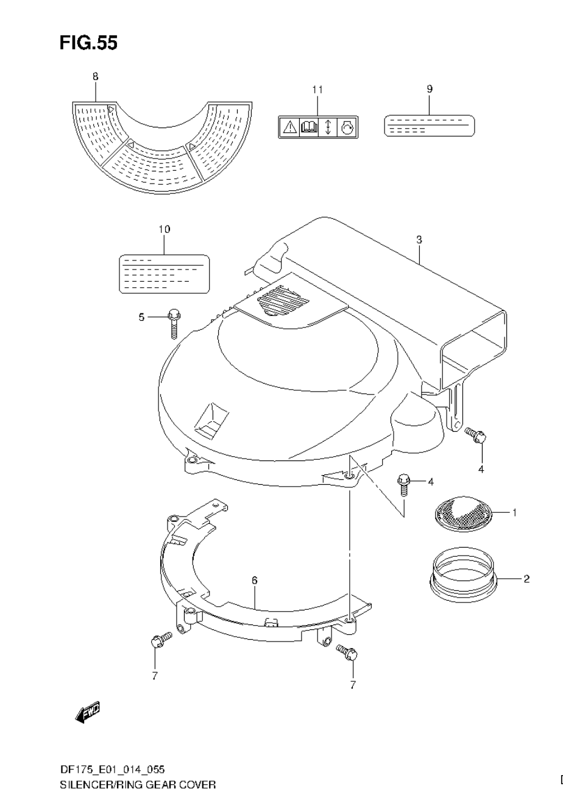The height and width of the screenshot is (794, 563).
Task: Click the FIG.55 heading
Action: [x=88, y=43]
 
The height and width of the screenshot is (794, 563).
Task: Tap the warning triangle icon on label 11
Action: [x=290, y=127]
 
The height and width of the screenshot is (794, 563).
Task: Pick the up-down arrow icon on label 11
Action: [x=328, y=127]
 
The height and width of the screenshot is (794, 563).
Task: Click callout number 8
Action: [x=95, y=77]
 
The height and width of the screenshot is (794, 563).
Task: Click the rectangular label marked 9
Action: [x=429, y=126]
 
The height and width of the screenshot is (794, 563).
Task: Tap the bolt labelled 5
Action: [x=173, y=321]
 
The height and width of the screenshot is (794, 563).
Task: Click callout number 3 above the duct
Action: [x=419, y=240]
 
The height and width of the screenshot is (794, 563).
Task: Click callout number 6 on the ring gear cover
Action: [x=254, y=581]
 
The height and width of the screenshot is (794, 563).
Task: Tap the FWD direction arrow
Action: [x=87, y=713]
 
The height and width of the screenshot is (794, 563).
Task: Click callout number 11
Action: [x=317, y=90]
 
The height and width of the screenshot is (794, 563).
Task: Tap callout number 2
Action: [x=526, y=578]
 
